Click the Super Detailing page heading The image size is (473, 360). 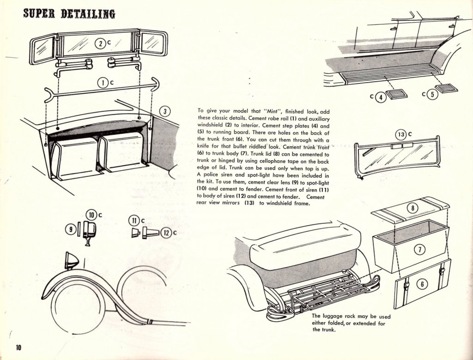[x=69, y=12]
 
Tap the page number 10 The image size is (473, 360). [x=18, y=348]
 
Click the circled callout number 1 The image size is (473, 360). [x=102, y=83]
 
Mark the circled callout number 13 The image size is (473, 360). [x=401, y=135]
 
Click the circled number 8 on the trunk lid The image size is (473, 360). [x=411, y=208]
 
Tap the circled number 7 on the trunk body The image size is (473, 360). [x=418, y=250]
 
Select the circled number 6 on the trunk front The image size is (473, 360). [x=421, y=284]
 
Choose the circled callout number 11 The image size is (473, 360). [x=134, y=221]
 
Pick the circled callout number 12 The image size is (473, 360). [x=166, y=233]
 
